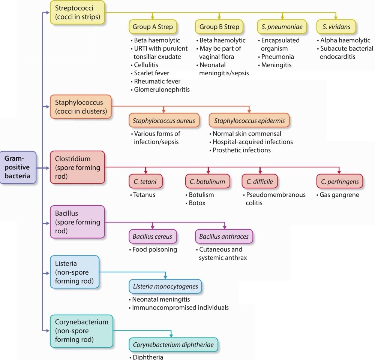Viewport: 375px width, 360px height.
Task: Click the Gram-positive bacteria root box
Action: point(18,167)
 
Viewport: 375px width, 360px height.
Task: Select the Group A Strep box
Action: point(152,27)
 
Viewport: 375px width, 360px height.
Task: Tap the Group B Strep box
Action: point(219,27)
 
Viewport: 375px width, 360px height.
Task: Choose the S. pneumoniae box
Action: point(282,27)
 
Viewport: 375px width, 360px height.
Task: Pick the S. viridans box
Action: point(336,27)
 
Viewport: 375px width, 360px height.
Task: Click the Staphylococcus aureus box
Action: point(164,121)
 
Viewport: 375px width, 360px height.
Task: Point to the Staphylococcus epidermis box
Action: point(249,121)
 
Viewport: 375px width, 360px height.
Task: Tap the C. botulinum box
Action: point(207,182)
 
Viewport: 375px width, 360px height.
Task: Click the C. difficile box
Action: point(259,182)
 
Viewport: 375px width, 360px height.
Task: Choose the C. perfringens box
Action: point(339,182)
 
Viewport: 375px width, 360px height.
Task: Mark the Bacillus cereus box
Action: point(153,237)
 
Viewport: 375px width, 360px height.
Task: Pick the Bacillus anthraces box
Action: point(224,237)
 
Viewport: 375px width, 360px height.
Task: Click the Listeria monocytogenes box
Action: point(165,287)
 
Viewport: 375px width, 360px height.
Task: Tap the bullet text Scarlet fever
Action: point(151,73)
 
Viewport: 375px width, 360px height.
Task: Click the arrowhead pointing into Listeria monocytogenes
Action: point(165,277)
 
